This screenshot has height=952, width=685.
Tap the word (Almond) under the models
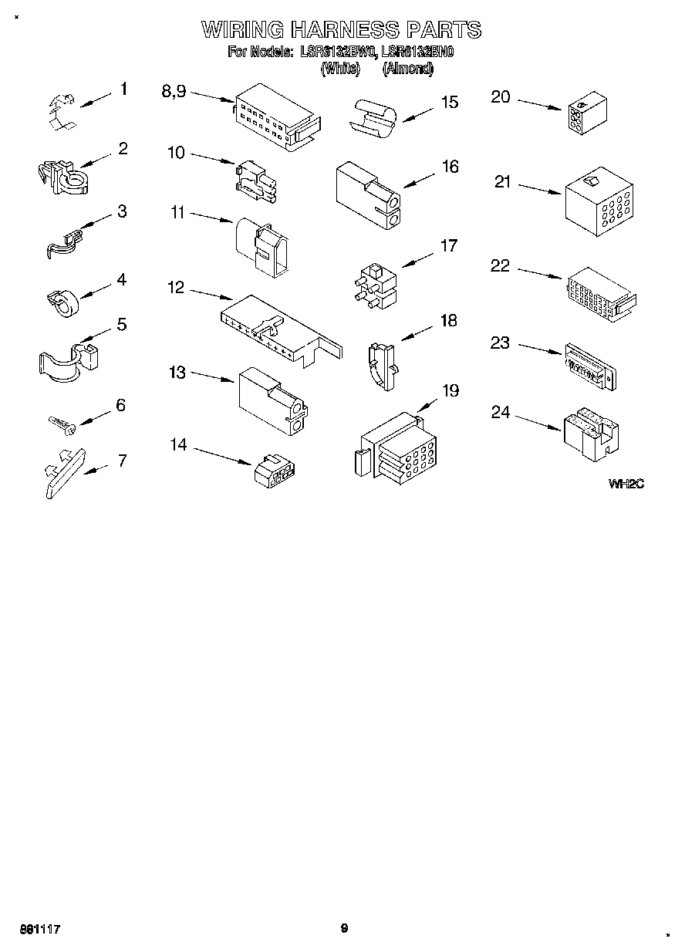[407, 68]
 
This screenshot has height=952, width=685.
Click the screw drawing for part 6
[59, 423]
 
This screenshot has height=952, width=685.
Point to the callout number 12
[176, 288]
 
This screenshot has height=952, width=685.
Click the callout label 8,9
[174, 91]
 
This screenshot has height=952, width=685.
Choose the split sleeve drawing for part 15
[373, 117]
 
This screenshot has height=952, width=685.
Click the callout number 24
[501, 413]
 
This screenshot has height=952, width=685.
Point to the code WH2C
[626, 484]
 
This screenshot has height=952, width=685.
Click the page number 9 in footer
[344, 929]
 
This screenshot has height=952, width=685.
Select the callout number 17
[448, 246]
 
